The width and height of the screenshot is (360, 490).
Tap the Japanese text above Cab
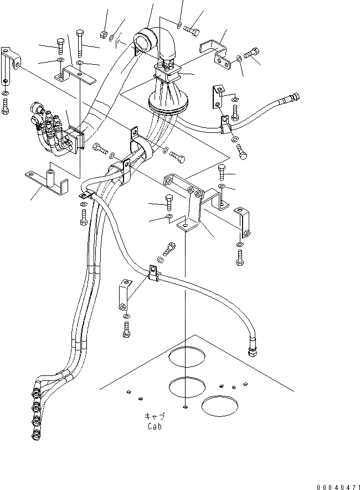pyautogui.click(x=155, y=416)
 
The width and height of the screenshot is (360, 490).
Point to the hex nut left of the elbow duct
pyautogui.click(x=104, y=34)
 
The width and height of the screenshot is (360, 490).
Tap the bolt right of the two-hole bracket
pyautogui.click(x=252, y=55)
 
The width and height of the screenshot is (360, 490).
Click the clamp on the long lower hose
pyautogui.click(x=152, y=274)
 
